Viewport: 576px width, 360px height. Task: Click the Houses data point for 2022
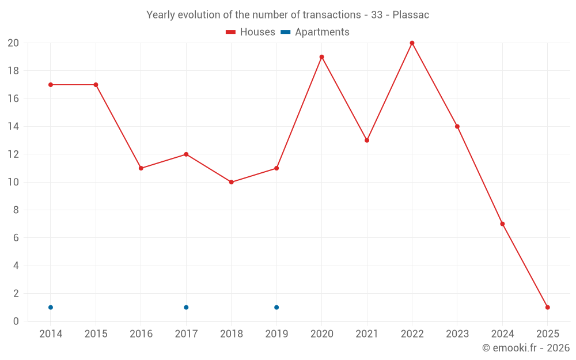point(412,43)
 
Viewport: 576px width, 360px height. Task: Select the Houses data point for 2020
point(321,57)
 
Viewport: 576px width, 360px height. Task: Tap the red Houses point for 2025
point(547,307)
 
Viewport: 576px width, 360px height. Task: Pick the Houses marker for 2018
point(231,182)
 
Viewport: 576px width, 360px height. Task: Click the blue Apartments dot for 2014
point(51,307)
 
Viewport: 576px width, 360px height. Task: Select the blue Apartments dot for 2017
point(186,307)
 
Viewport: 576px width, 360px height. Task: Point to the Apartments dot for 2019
point(276,307)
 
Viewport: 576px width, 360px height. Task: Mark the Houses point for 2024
point(502,224)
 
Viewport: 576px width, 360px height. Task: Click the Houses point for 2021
point(366,141)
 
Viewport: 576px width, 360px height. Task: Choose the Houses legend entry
point(251,32)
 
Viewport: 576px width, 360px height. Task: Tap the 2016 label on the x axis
point(141,334)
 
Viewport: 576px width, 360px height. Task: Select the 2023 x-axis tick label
point(457,334)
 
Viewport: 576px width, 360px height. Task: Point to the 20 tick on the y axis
point(13,43)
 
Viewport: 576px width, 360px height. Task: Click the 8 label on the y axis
point(16,210)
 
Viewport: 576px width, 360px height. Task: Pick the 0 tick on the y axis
point(16,321)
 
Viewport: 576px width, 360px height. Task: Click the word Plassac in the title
point(411,15)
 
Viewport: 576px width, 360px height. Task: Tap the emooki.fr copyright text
point(526,348)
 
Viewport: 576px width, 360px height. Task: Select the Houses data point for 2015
point(96,85)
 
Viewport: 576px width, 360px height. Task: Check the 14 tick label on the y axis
point(13,127)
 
